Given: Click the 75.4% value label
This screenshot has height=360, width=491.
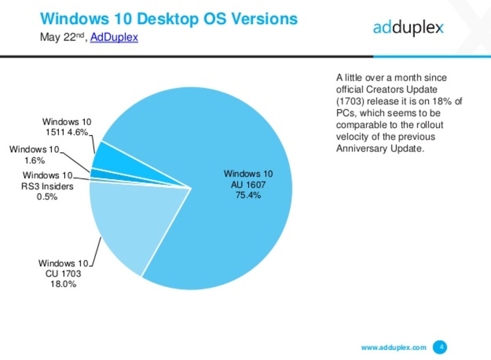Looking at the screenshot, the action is pos(248,195).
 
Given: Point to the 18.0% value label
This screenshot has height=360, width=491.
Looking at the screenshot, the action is pos(63,284).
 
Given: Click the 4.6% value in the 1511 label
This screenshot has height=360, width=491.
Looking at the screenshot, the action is pos(78,132).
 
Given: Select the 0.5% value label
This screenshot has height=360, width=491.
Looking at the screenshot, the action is pos(47,197).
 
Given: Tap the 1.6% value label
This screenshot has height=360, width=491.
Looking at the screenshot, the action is pos(35,161).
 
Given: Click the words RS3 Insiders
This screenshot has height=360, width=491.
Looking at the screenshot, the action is pos(47,186).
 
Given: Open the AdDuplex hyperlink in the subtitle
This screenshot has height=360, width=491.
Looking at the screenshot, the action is pos(114,37).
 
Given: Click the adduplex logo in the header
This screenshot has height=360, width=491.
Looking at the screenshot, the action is pos(408,29).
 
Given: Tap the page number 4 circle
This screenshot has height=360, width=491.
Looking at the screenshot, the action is pos(440,347).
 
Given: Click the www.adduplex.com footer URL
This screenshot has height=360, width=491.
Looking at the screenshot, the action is pos(394,347).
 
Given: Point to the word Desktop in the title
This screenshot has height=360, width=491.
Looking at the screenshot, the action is pos(168,19).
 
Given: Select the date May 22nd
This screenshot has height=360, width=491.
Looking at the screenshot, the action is pos(62,37).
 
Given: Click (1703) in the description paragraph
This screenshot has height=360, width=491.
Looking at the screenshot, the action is pos(350,101).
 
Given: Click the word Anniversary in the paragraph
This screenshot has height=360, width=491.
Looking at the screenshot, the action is pos(362,149).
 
